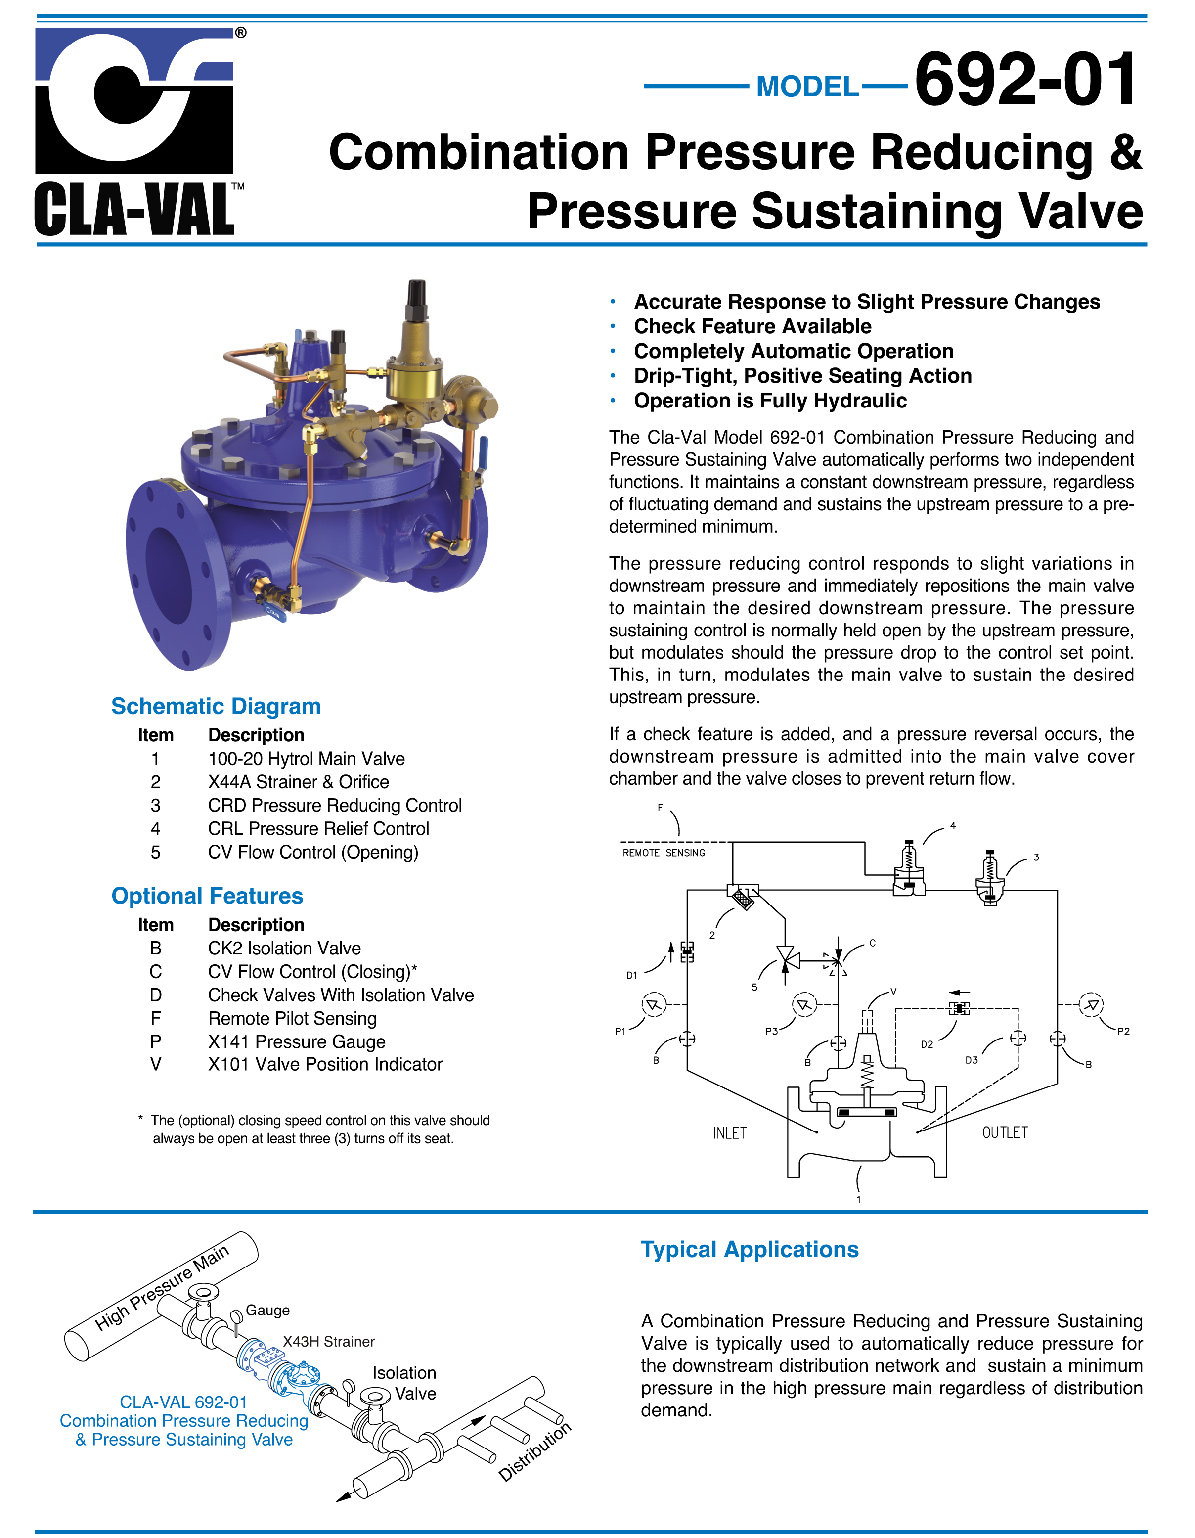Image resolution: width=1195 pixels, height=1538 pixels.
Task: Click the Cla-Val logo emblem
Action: [x=134, y=101]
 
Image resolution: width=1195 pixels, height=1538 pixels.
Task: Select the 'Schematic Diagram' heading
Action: [x=216, y=706]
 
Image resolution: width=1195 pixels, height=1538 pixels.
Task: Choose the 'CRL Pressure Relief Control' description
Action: [x=318, y=829]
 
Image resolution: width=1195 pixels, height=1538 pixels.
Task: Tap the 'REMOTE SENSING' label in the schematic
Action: [x=664, y=853]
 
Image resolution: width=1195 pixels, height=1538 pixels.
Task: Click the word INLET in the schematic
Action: [x=730, y=1133]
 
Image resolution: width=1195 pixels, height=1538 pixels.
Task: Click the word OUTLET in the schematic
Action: [x=1005, y=1132]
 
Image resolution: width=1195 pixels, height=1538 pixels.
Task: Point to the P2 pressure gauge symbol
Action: [x=1092, y=1005]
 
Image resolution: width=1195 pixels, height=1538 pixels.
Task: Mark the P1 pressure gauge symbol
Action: [x=654, y=1005]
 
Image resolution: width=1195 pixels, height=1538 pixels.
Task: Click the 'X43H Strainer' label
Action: [x=329, y=1342]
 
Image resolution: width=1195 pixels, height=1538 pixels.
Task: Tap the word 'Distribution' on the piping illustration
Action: [x=535, y=1452]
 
